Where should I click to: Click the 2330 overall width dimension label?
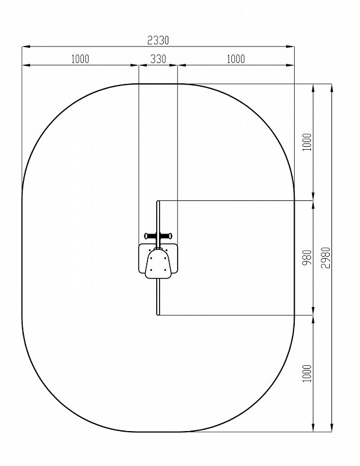point(158,40)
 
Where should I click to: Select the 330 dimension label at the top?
point(158,59)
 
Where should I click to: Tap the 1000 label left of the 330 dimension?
point(80,59)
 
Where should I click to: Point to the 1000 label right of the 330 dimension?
point(236,59)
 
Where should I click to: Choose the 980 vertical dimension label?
point(307,257)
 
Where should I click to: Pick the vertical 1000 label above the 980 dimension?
point(307,142)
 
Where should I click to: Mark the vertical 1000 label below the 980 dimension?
point(307,373)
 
